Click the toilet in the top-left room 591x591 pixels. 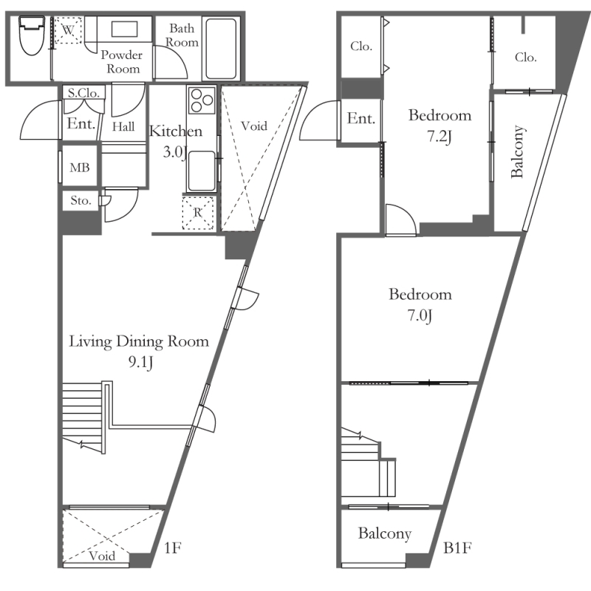click(32, 35)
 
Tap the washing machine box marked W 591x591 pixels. click(68, 30)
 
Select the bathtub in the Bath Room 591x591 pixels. click(221, 47)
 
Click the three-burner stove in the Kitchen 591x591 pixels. click(202, 100)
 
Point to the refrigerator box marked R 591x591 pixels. click(198, 213)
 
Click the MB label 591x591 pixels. click(80, 168)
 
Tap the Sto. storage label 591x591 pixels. click(81, 200)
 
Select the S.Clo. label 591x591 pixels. click(83, 93)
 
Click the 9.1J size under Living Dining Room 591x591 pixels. click(140, 362)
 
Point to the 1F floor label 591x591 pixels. click(173, 547)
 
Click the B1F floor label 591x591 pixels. click(457, 547)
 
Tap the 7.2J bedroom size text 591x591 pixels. click(440, 136)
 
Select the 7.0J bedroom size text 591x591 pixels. click(420, 315)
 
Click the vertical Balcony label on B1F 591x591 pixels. click(518, 151)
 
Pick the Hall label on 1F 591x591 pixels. click(123, 126)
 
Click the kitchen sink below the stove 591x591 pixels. click(202, 171)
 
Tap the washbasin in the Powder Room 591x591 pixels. click(124, 29)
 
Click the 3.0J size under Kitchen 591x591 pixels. click(175, 152)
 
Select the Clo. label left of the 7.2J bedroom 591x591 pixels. click(361, 47)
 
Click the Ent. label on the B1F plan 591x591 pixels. click(361, 118)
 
